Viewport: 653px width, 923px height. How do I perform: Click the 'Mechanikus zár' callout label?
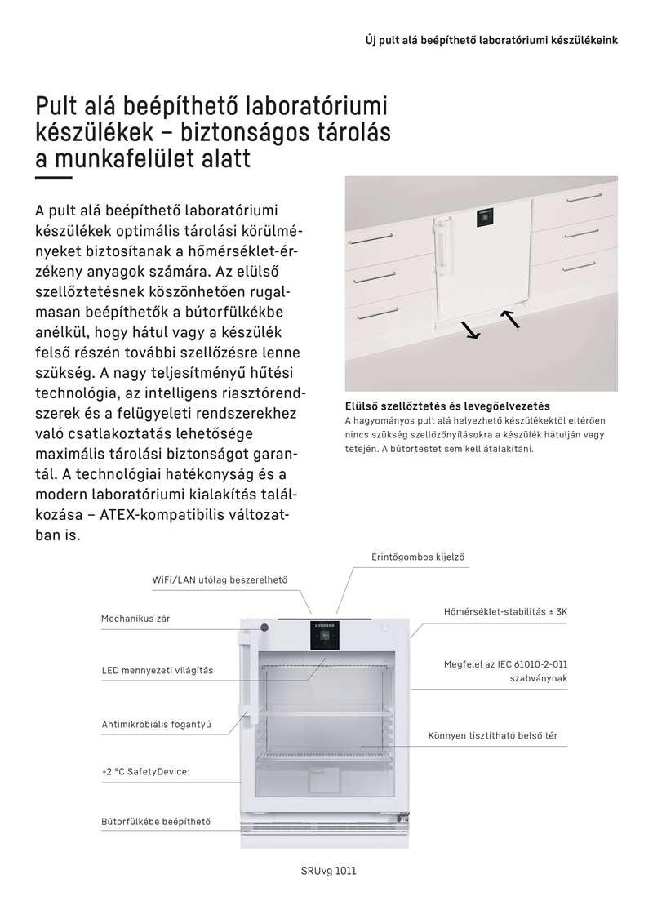[x=135, y=619]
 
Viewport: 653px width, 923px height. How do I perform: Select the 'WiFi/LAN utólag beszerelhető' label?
[x=220, y=579]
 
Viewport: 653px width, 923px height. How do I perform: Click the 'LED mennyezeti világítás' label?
[x=157, y=670]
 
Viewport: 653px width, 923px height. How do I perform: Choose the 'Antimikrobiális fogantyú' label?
[x=150, y=724]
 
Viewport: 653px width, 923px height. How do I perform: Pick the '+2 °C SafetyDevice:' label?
[x=145, y=770]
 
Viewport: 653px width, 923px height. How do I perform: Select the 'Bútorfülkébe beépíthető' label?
[x=155, y=821]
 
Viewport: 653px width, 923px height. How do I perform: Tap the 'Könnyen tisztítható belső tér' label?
[x=492, y=735]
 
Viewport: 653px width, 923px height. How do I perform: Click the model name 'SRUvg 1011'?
[x=328, y=871]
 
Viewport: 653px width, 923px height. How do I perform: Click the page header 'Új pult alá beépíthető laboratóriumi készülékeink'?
[x=491, y=40]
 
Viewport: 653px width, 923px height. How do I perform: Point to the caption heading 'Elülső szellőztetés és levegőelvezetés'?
[x=447, y=406]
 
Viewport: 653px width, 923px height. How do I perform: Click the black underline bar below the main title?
[x=54, y=177]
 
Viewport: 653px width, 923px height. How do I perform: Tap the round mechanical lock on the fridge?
[x=264, y=628]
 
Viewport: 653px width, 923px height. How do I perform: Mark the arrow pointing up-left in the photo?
[x=510, y=318]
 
